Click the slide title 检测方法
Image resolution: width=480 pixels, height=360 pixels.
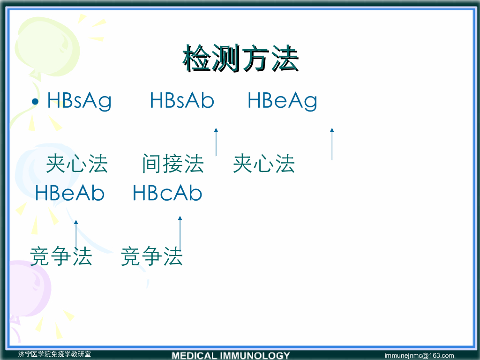(x=240, y=58)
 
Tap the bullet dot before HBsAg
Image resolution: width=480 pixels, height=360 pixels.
(x=35, y=101)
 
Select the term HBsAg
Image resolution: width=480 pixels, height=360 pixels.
(x=79, y=101)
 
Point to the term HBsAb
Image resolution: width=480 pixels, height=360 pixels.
(x=182, y=100)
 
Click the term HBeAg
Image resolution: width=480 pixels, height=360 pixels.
(x=282, y=101)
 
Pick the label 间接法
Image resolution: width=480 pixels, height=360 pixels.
(x=173, y=164)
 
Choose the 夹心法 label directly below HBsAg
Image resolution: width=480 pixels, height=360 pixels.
(x=77, y=164)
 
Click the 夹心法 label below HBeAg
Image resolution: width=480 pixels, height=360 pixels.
(x=264, y=164)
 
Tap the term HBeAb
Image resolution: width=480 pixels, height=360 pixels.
(x=70, y=193)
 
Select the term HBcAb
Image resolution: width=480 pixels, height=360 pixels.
(x=167, y=193)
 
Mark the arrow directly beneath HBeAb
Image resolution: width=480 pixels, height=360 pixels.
(x=76, y=234)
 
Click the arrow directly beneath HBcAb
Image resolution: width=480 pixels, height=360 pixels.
(x=180, y=233)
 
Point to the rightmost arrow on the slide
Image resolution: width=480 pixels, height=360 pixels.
(x=332, y=144)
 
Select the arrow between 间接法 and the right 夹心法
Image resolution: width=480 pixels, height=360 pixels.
(x=216, y=142)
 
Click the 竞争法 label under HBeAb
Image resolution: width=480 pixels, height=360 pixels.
(x=61, y=256)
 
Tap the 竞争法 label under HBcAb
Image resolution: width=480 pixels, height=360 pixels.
(x=152, y=256)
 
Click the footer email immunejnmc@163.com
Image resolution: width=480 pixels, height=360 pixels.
(x=419, y=355)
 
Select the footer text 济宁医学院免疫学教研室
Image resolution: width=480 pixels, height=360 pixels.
(x=54, y=354)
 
